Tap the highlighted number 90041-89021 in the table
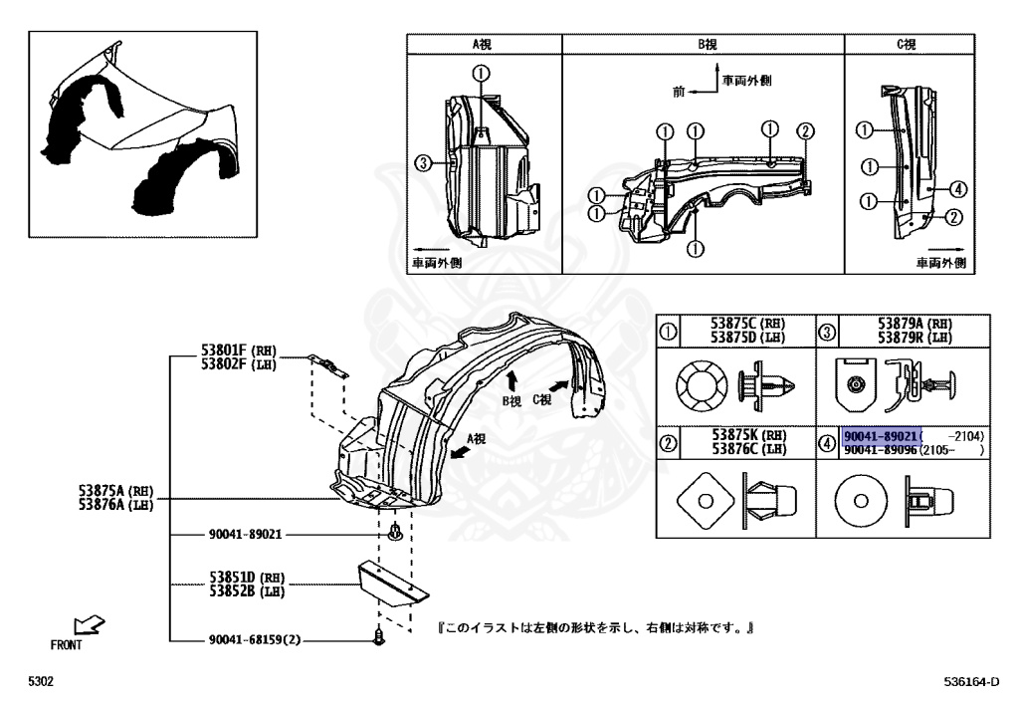click(881, 437)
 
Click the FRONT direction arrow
click(91, 625)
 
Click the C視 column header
click(907, 45)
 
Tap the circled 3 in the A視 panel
click(423, 164)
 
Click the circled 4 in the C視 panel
click(957, 189)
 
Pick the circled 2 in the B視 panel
click(806, 130)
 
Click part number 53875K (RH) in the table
click(744, 434)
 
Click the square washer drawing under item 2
click(704, 499)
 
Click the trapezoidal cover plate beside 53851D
click(392, 584)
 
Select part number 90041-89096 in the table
click(881, 450)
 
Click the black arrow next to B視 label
click(511, 378)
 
